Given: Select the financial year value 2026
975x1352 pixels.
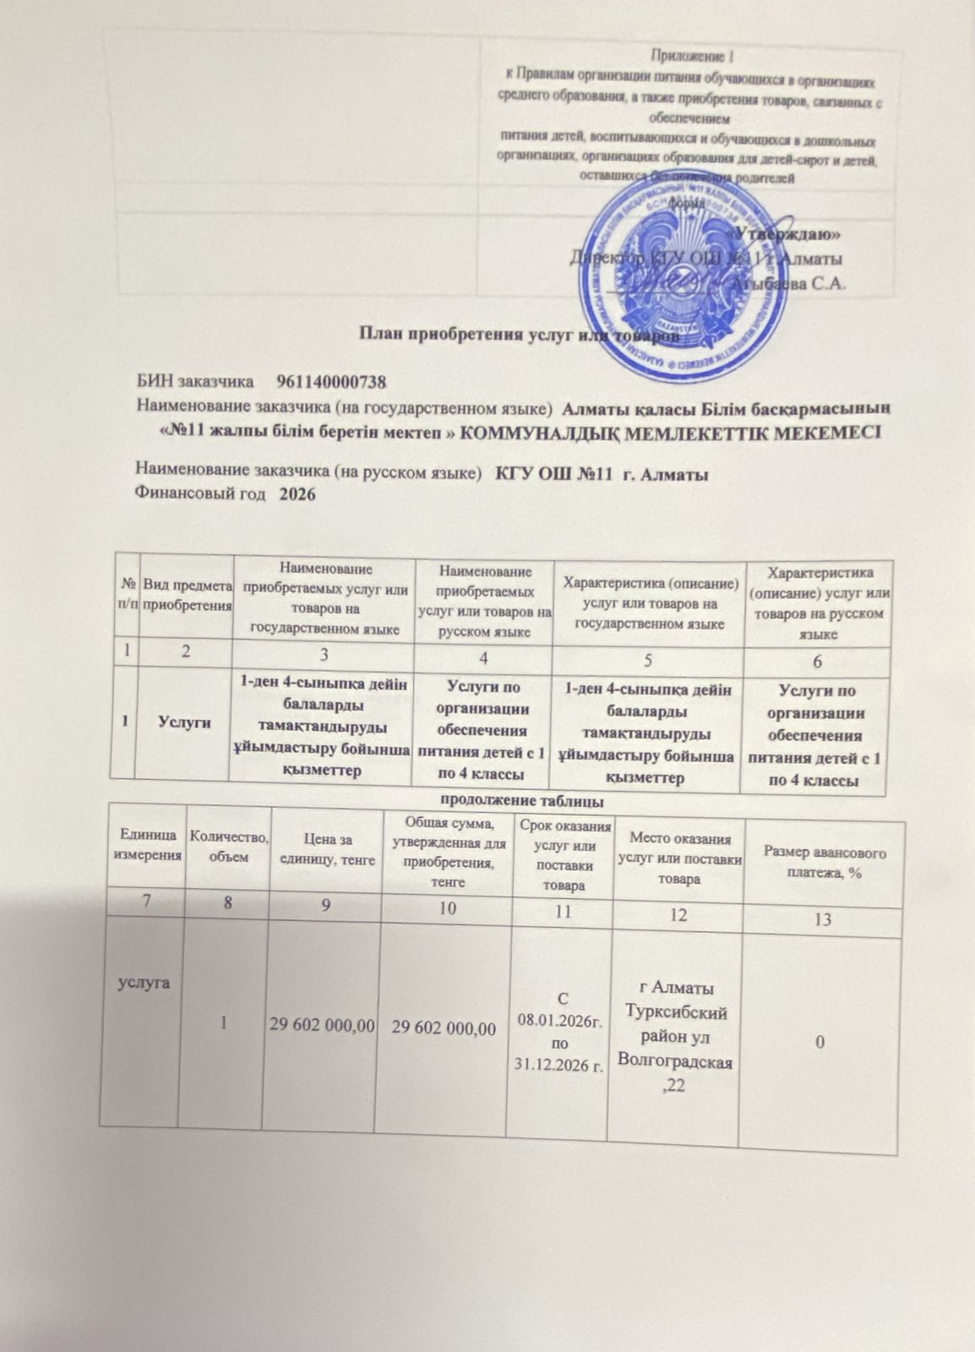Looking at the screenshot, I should pyautogui.click(x=297, y=494).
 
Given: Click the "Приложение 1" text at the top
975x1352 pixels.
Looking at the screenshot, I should pyautogui.click(x=687, y=57).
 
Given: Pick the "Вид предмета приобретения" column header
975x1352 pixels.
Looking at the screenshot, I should pyautogui.click(x=188, y=595).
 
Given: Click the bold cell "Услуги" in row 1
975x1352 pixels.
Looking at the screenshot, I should pyautogui.click(x=185, y=722).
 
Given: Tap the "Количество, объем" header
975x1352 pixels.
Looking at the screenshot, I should pyautogui.click(x=230, y=846).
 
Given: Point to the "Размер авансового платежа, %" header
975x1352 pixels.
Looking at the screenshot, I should pyautogui.click(x=825, y=862).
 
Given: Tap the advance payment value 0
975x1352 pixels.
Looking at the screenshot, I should pyautogui.click(x=820, y=1044).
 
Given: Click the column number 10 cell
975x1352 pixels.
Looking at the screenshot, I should pyautogui.click(x=448, y=909).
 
